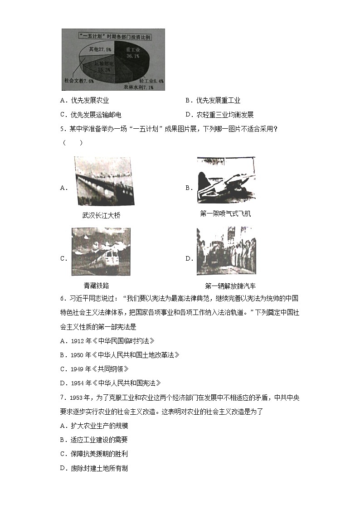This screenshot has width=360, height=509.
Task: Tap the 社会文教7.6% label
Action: pos(79,81)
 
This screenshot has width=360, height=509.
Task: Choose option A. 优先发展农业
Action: pos(84,101)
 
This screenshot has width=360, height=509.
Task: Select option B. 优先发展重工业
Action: pos(213,101)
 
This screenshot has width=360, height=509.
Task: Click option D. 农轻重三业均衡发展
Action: pos(219,115)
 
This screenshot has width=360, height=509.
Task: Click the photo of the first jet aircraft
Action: pos(226,180)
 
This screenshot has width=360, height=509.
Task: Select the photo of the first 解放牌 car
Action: pos(226,251)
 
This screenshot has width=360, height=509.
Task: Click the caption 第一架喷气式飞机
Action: pos(225,213)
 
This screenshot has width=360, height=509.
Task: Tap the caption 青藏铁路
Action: pos(96,286)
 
